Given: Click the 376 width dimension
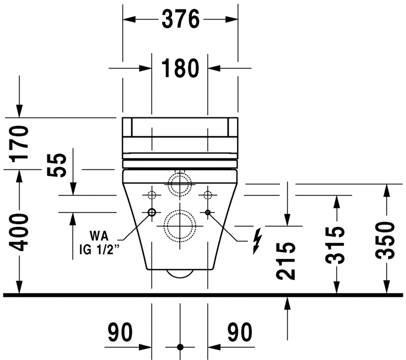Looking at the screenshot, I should (180, 20).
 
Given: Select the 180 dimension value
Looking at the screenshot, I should (180, 68).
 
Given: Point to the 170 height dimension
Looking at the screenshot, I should (20, 144).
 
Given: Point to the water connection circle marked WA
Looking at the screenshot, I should (152, 213).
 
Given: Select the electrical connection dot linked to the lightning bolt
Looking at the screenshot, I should (208, 213).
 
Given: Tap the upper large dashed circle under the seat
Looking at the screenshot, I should (180, 184).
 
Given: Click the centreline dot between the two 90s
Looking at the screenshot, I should (180, 347).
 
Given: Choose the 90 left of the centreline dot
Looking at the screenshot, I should (120, 332).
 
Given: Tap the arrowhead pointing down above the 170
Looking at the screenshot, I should (20, 110).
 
